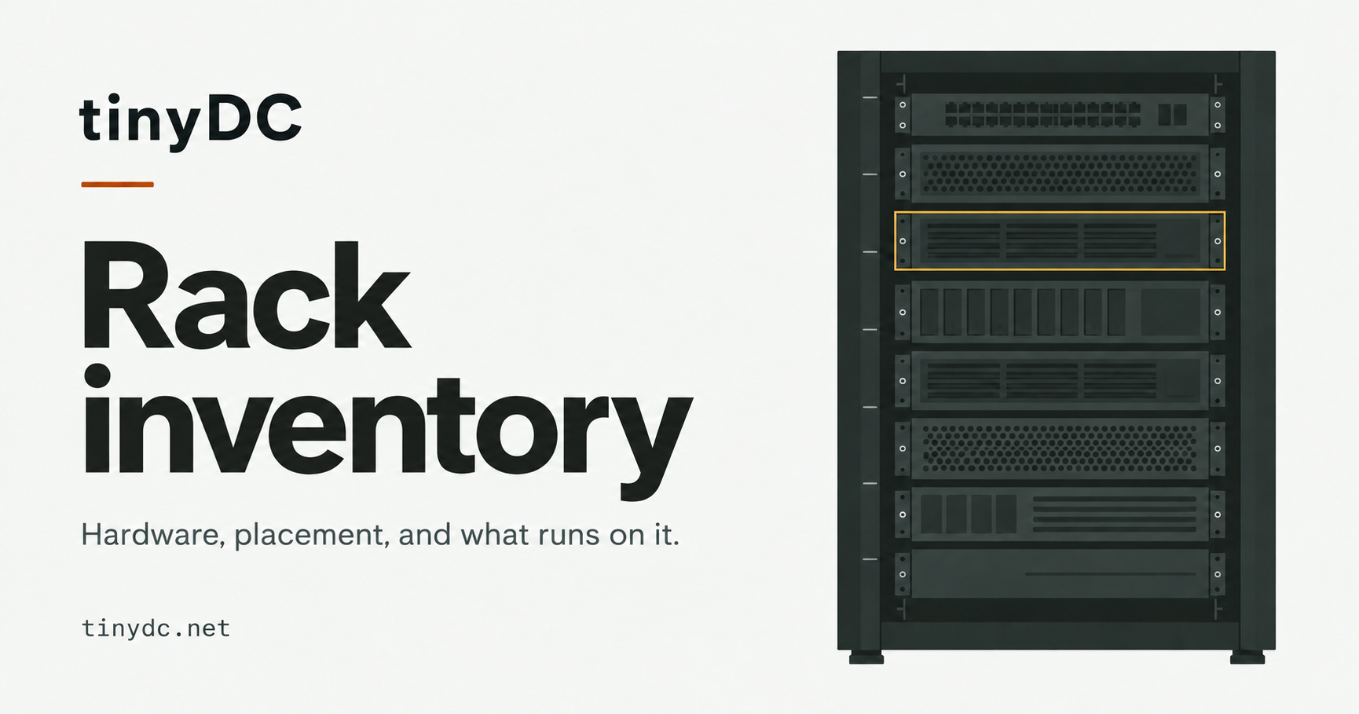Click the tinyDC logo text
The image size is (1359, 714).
point(191,120)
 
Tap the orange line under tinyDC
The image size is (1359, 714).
point(117,185)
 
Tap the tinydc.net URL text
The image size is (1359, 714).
point(156,628)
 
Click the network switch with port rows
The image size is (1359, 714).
point(1060,115)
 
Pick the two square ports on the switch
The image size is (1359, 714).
point(1172,115)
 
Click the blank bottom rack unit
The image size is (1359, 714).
point(1060,574)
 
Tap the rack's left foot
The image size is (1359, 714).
point(866,657)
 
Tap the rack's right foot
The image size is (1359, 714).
point(1247,657)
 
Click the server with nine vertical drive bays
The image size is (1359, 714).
point(1060,312)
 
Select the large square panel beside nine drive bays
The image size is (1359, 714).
point(1170,312)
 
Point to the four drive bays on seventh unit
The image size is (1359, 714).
point(969,514)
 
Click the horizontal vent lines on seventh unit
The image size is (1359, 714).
point(1115,514)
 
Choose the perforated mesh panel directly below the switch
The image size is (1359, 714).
point(1060,174)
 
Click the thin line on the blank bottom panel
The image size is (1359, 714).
point(1111,574)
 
